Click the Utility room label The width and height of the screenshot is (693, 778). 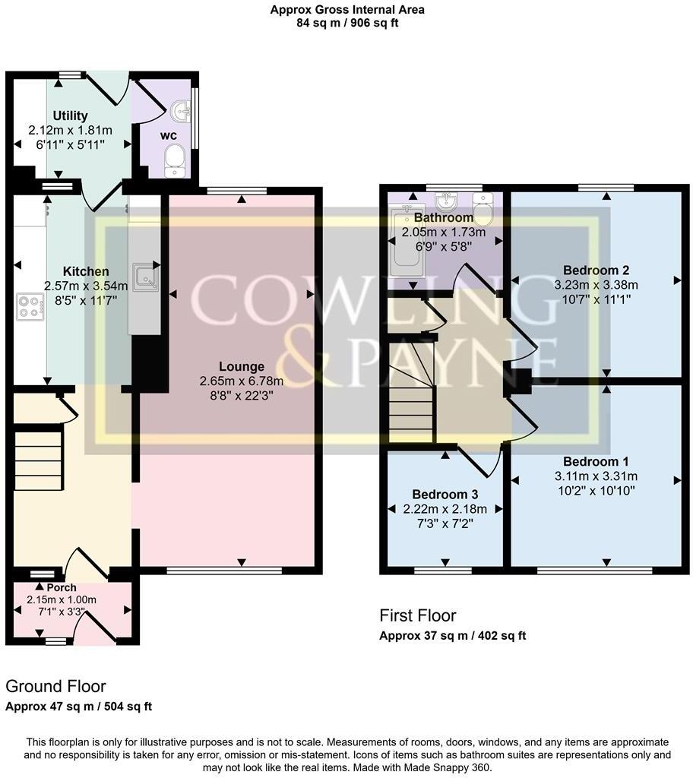tap(70, 115)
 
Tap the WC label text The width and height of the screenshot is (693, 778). tap(168, 135)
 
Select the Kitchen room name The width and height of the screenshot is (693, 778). tap(86, 271)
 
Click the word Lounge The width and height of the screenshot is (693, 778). tap(242, 367)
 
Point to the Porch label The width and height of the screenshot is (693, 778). tap(62, 587)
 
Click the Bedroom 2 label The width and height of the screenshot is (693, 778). tap(596, 270)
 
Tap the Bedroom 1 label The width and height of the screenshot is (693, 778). tap(596, 461)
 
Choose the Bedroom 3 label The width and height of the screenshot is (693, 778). tap(445, 495)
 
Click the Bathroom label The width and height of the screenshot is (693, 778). tap(444, 217)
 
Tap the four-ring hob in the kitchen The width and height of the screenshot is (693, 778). tap(30, 307)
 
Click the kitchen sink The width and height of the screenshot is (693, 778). tap(145, 277)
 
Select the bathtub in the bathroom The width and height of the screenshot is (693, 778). tap(407, 242)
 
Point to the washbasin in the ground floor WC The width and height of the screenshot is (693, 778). tap(181, 111)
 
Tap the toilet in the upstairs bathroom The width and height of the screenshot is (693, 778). tap(483, 208)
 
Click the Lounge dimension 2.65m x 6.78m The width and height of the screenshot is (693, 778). tap(242, 381)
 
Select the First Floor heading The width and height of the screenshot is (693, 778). tap(417, 615)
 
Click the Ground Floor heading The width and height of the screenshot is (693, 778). tap(55, 687)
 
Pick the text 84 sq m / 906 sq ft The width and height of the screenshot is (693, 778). tap(347, 23)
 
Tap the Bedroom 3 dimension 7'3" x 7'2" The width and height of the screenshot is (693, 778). tap(445, 523)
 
